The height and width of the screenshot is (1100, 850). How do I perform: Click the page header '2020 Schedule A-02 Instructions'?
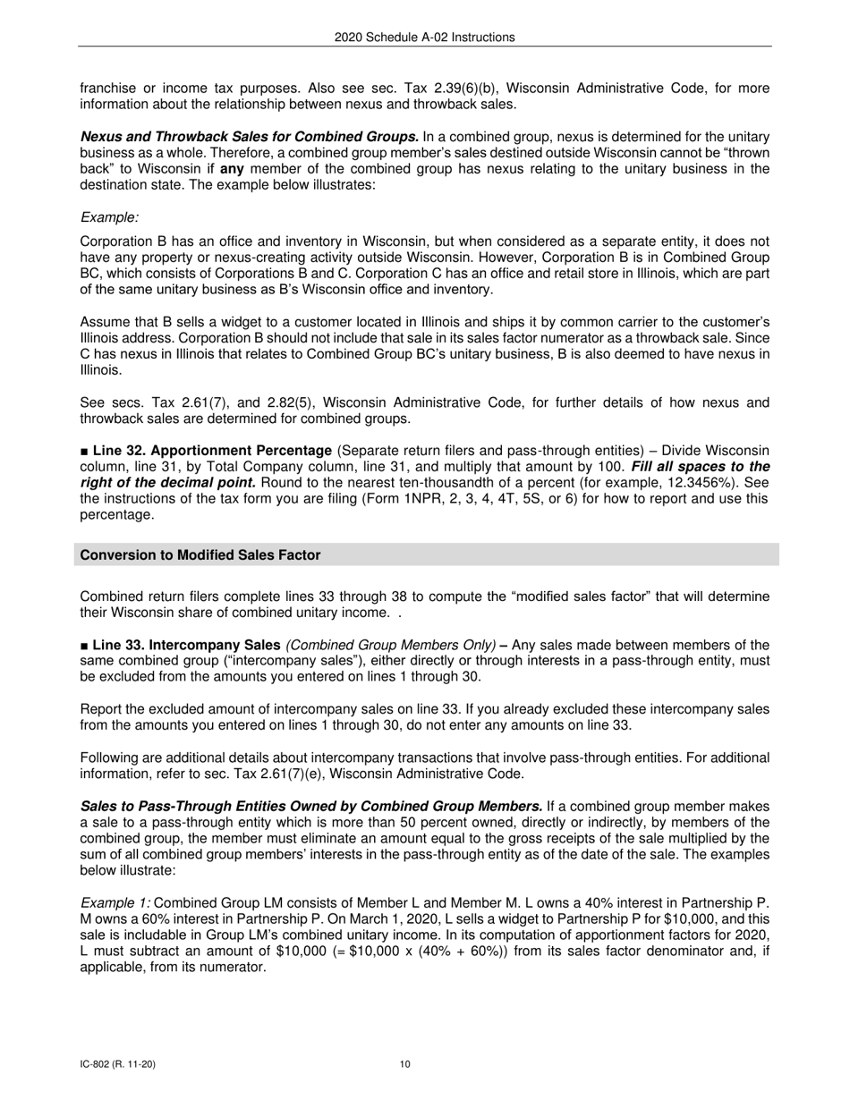point(424,38)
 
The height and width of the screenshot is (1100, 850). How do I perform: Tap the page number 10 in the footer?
point(405,1064)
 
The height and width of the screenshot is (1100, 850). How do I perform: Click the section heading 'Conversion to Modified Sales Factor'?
point(200,555)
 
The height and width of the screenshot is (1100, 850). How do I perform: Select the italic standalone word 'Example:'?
point(109,217)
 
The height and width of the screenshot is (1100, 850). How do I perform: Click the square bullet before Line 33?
point(84,646)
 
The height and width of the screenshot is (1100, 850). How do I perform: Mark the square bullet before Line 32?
point(84,450)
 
